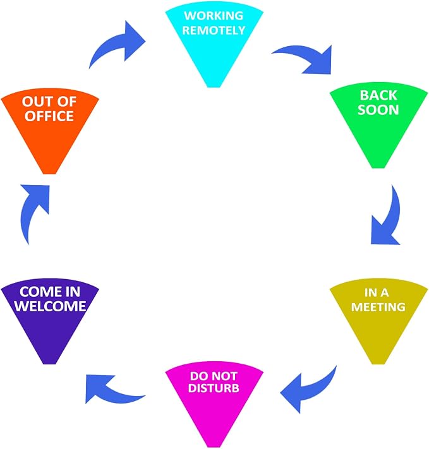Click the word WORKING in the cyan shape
pos(214,16)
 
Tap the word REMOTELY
pos(214,30)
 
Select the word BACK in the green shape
pos(378,95)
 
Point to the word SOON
pos(378,110)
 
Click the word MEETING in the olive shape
pos(378,307)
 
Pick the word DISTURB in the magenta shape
pos(214,388)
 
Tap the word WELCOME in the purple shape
pos(50,306)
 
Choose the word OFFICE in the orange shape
pos(49,116)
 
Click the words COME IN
pos(50,292)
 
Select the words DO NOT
pos(214,376)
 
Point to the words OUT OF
pos(49,102)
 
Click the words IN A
pos(377,292)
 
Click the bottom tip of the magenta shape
pos(214,447)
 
